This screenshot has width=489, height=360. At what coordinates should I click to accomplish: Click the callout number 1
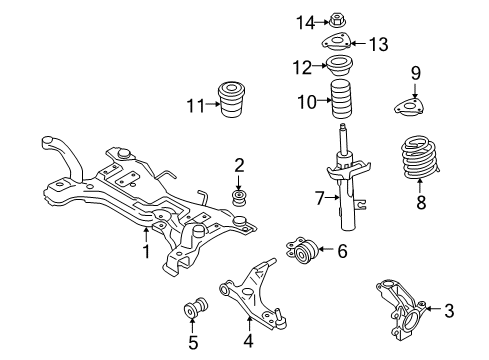pyautogui.click(x=146, y=253)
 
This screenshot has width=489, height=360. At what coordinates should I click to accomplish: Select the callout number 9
pyautogui.click(x=416, y=72)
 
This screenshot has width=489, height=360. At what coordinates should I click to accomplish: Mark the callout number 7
pyautogui.click(x=320, y=198)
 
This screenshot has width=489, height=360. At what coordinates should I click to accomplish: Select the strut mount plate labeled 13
pyautogui.click(x=337, y=43)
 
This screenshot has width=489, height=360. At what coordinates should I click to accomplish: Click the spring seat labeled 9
pyautogui.click(x=416, y=103)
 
